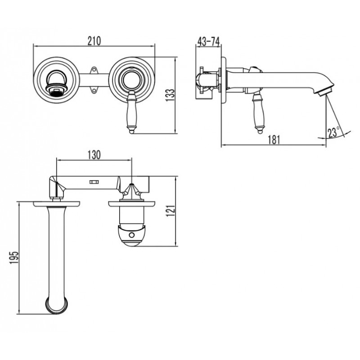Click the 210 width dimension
tap(94, 41)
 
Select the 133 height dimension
tap(170, 95)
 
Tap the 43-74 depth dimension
tap(208, 41)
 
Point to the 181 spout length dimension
tap(274, 140)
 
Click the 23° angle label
tap(333, 132)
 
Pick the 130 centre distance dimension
tap(94, 155)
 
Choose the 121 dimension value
tap(171, 211)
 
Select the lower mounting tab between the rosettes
tap(94, 90)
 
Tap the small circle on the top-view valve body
tap(132, 235)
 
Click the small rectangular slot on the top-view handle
tap(94, 182)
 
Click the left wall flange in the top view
tap(57, 204)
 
